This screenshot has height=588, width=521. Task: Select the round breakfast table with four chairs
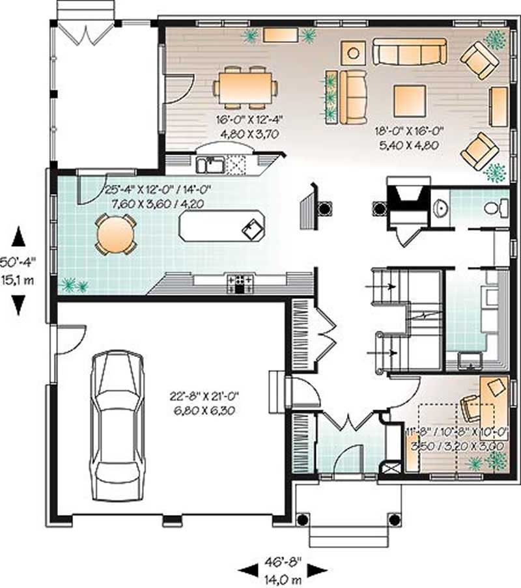115,234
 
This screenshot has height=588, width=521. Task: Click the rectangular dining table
245,87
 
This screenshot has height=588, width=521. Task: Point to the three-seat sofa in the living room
409,51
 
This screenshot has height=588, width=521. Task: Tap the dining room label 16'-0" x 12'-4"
243,124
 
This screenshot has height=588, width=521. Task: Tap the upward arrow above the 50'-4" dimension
18,236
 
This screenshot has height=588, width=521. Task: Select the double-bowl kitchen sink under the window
211,164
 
